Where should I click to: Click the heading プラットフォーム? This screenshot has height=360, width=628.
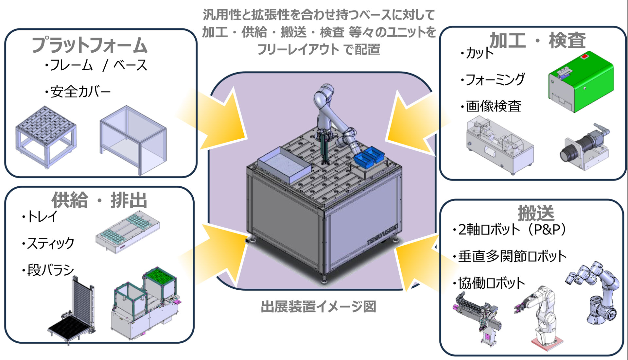[x=89, y=45]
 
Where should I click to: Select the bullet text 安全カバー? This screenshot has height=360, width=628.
[x=80, y=92]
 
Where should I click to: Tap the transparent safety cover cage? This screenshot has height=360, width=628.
[x=133, y=140]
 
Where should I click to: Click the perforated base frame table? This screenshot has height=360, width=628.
[x=46, y=136]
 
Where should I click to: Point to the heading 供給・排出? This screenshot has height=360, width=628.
[x=99, y=200]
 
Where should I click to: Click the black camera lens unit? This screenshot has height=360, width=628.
[x=585, y=146]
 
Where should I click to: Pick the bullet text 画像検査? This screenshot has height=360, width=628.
[x=493, y=106]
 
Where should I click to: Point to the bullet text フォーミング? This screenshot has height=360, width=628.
[x=495, y=79]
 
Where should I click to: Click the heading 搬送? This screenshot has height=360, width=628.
[x=536, y=213]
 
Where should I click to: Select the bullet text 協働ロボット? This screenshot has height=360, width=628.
[x=491, y=283]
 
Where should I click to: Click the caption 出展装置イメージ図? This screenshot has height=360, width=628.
[x=319, y=307]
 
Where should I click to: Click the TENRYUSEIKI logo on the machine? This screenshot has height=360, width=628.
[x=382, y=234]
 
